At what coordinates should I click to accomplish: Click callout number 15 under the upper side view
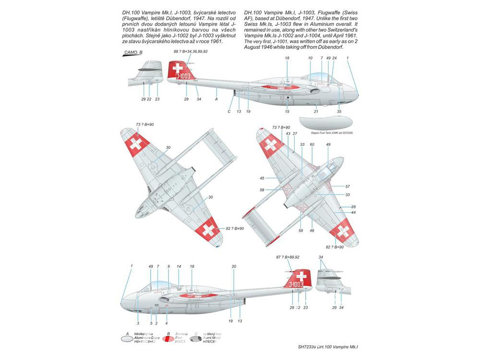point(288,112)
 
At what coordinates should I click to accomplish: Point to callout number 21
point(316,112)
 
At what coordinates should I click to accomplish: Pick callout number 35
point(339,112)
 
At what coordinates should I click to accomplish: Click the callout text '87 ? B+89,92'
point(288,258)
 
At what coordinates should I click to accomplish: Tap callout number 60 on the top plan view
point(312,144)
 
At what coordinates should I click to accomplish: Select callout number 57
point(348,186)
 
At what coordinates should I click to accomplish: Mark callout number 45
point(262,178)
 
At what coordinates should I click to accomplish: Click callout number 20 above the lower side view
point(234,266)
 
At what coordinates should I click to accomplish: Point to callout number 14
point(179,266)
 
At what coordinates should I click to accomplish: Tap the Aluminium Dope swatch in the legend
point(127,338)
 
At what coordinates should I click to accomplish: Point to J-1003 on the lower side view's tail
point(299,284)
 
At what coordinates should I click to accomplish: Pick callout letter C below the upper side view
point(229,112)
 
